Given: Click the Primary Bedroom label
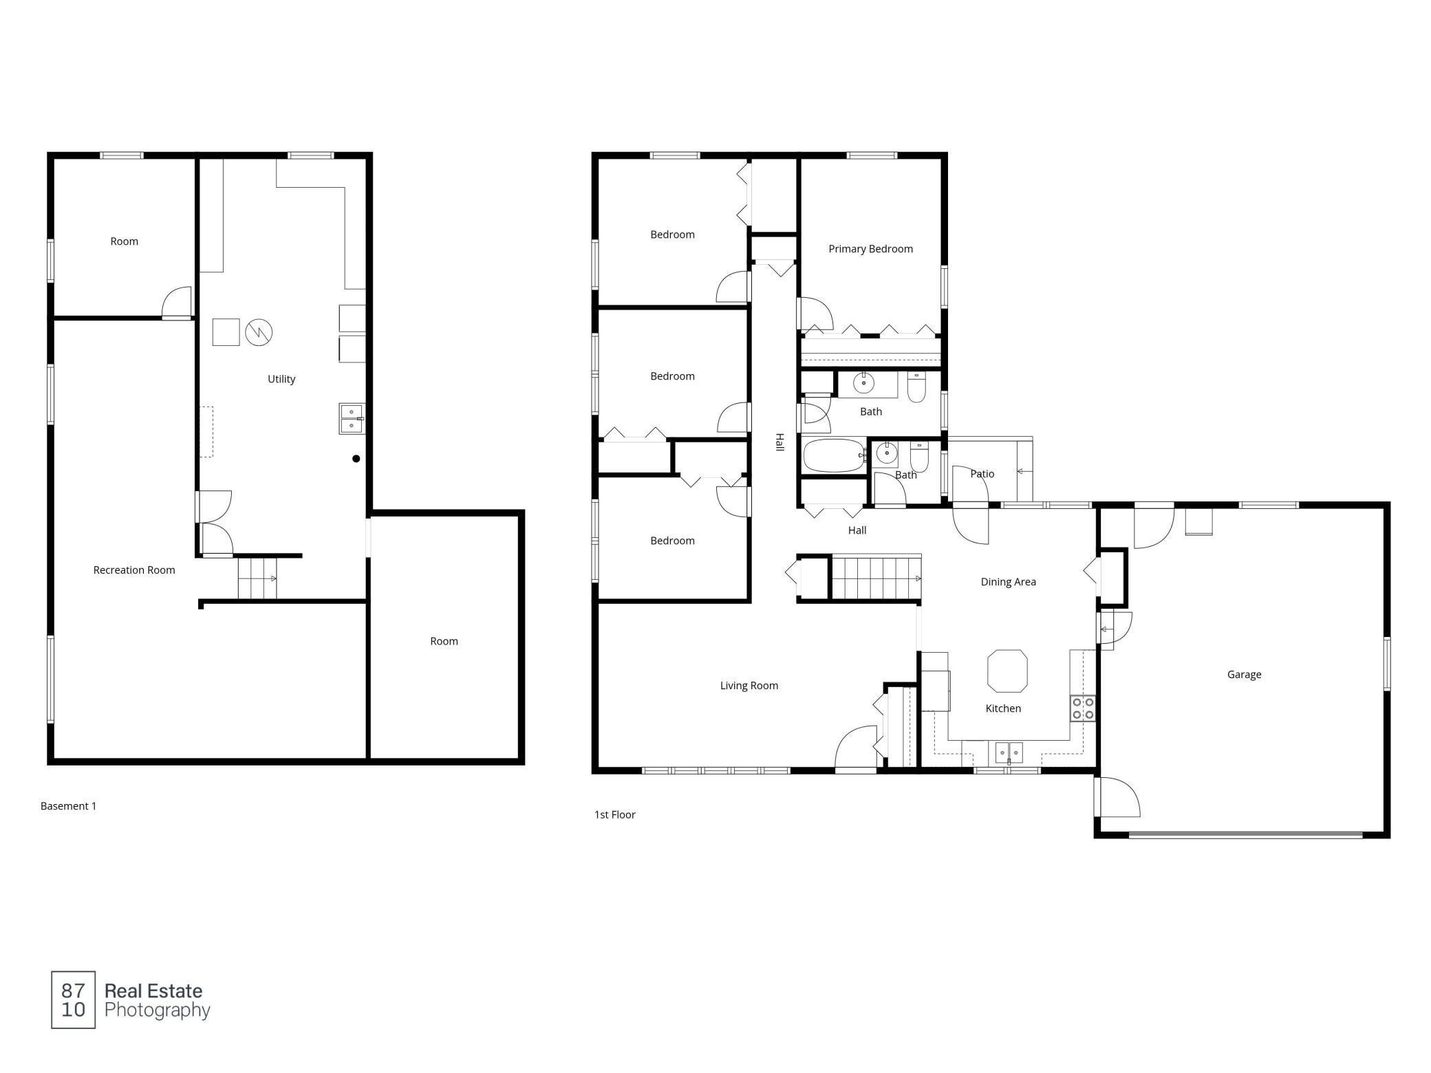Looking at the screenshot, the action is pos(870,249).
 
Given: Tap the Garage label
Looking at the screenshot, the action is pos(1244,675).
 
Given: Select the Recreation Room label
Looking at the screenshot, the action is pos(134,570).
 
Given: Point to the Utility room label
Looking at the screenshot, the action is pos(281,379).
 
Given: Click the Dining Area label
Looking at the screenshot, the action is pos(1008,582).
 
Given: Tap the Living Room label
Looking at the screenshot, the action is pos(749,686).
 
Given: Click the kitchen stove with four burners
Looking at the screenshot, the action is pos(1083,708).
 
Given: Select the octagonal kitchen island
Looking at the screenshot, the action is pos(1007,671).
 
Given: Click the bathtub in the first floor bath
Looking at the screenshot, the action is pos(835,455).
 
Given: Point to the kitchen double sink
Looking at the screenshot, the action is pos(1009,752).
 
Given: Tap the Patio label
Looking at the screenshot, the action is pos(982,474).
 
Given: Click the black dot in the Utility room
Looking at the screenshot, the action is pos(356,459).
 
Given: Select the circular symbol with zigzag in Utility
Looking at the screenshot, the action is pos(259,332).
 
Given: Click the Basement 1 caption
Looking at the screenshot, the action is pos(68,806).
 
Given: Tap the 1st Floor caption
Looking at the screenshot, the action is pos(615,815).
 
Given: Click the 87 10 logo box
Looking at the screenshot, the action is pos(74,1000).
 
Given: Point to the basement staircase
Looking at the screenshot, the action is pos(257,578).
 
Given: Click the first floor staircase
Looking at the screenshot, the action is pos(876,578).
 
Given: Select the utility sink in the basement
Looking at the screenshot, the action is pos(352,419).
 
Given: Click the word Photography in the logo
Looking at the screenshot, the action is pos(158,1010).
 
